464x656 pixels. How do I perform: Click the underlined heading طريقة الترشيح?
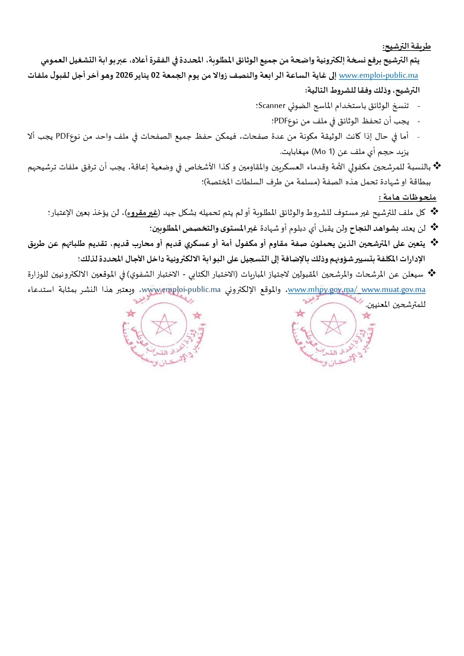pos(406,47)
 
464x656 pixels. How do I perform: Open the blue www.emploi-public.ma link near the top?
pos(378,76)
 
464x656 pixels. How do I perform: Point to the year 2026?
pos(124,76)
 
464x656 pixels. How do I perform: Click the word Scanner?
pos(272,106)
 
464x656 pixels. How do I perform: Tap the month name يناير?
pos(142,76)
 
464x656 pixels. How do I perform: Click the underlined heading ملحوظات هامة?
pos(408,197)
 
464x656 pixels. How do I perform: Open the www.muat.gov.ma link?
pos(393,290)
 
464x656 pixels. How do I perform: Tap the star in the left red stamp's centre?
pos(163,324)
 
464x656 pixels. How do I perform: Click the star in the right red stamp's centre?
pos(333,324)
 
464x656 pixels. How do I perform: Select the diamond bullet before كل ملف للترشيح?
pos(434,212)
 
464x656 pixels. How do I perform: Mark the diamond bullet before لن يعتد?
pos(434,227)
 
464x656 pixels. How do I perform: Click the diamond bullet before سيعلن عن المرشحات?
pos(432,273)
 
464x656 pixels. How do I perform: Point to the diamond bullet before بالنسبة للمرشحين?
pos(437,166)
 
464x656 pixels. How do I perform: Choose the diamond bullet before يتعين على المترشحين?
pos(434,243)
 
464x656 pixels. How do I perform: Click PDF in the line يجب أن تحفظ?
pos(280,121)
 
